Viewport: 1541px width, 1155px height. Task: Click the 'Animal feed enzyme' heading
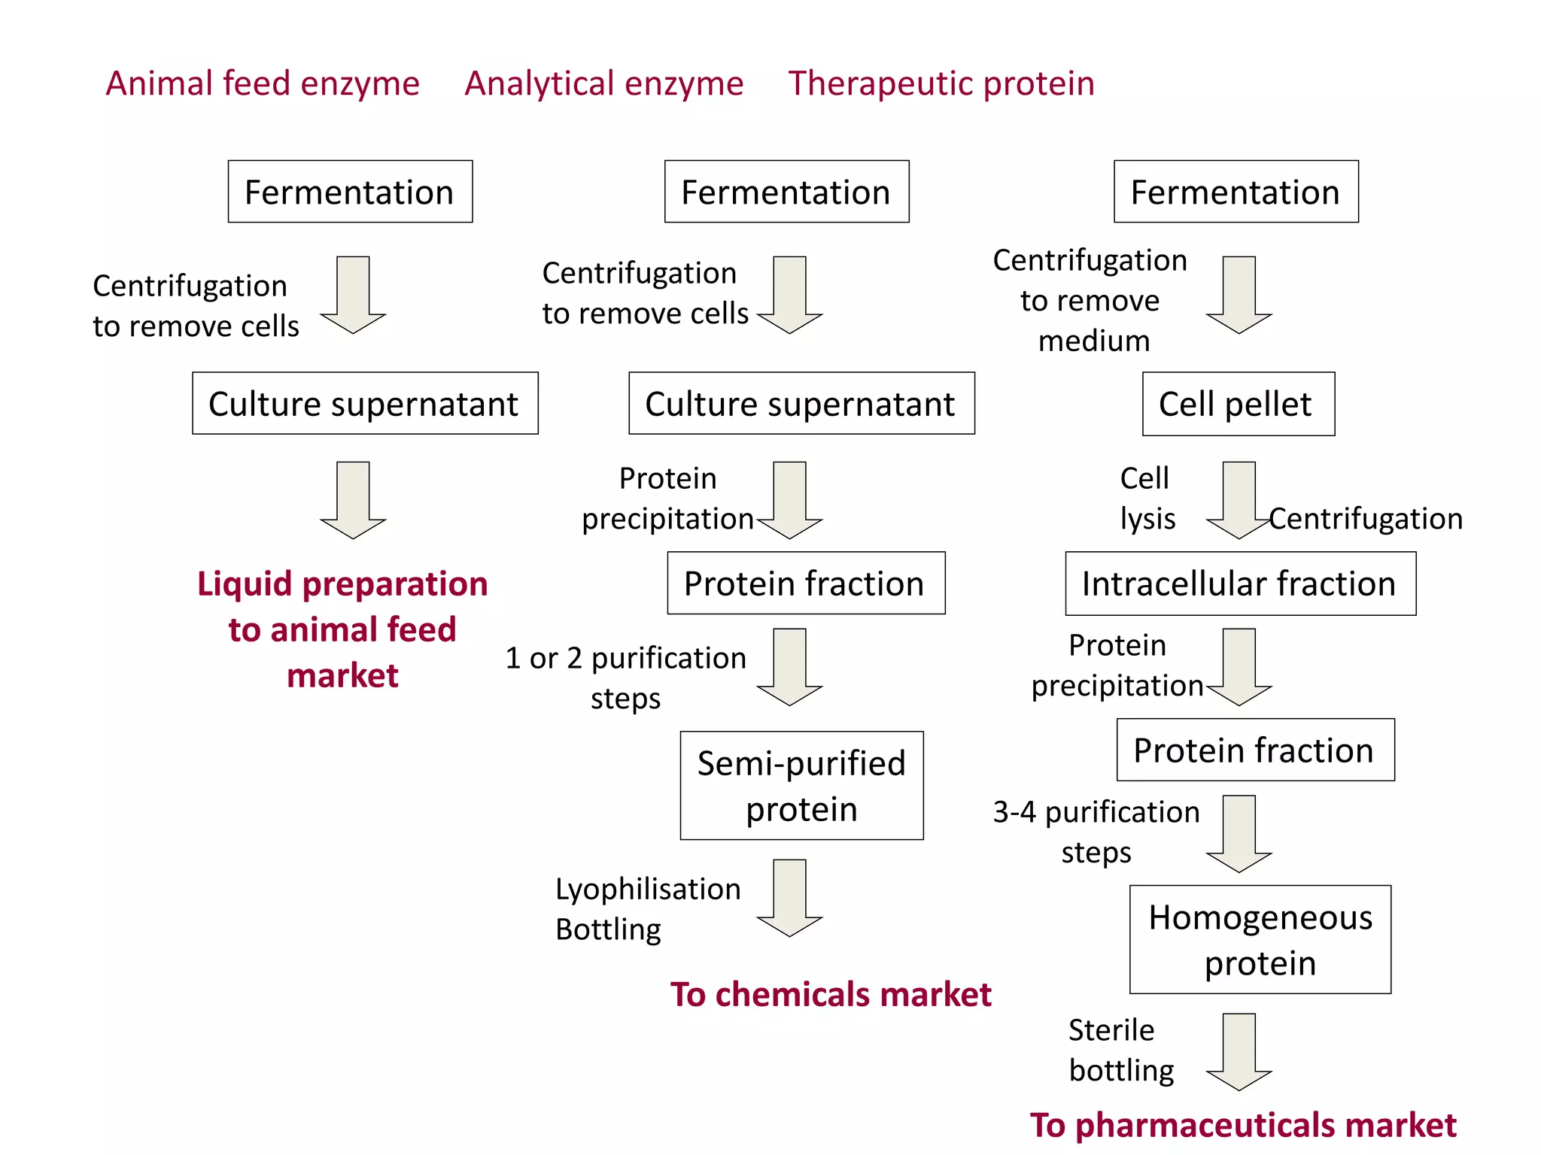coord(263,83)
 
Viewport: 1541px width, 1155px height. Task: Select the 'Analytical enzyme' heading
coord(603,83)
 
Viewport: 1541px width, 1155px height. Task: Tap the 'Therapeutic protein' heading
coord(941,83)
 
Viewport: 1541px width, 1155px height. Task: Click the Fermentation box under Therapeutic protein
coord(1236,192)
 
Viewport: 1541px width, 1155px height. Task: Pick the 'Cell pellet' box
coord(1238,404)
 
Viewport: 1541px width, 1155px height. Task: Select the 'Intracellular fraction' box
coord(1240,584)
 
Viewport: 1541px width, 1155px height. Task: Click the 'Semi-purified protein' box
coord(801,785)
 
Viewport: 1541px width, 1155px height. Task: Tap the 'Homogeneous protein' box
coord(1260,939)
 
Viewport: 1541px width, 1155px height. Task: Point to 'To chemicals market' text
coord(831,994)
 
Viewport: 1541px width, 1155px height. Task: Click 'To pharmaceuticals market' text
coord(1242,1125)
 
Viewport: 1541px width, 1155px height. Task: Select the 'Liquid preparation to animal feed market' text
coord(342,629)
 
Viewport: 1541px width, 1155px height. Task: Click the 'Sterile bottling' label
coord(1120,1050)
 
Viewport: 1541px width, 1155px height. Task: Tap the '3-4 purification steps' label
coord(1096,832)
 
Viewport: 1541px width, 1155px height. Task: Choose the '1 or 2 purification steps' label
coord(625,678)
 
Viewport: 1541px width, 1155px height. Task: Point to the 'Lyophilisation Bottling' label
coord(647,908)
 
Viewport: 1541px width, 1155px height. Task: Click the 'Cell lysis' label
coord(1147,498)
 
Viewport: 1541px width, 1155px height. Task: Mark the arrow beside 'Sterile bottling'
coord(1239,1051)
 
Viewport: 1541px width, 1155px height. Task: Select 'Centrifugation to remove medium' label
coord(1090,300)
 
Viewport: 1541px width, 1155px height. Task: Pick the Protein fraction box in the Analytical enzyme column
coord(806,584)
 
